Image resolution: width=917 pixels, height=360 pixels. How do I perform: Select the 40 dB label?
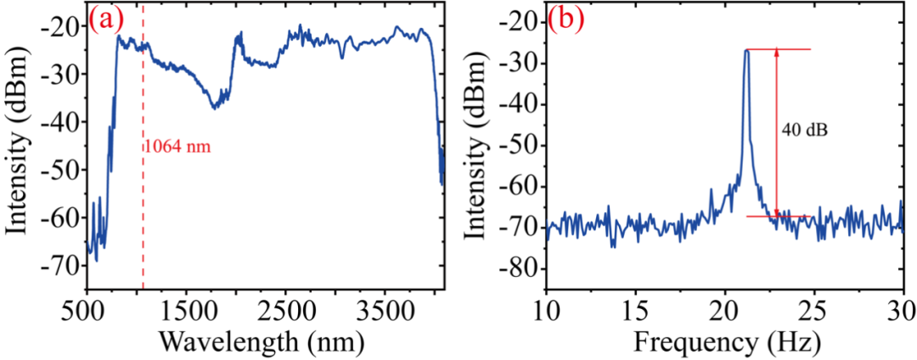pyautogui.click(x=801, y=132)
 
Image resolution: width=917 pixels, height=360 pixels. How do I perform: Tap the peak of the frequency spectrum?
pyautogui.click(x=746, y=50)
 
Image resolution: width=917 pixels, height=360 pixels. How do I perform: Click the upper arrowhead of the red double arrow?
pyautogui.click(x=776, y=53)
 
